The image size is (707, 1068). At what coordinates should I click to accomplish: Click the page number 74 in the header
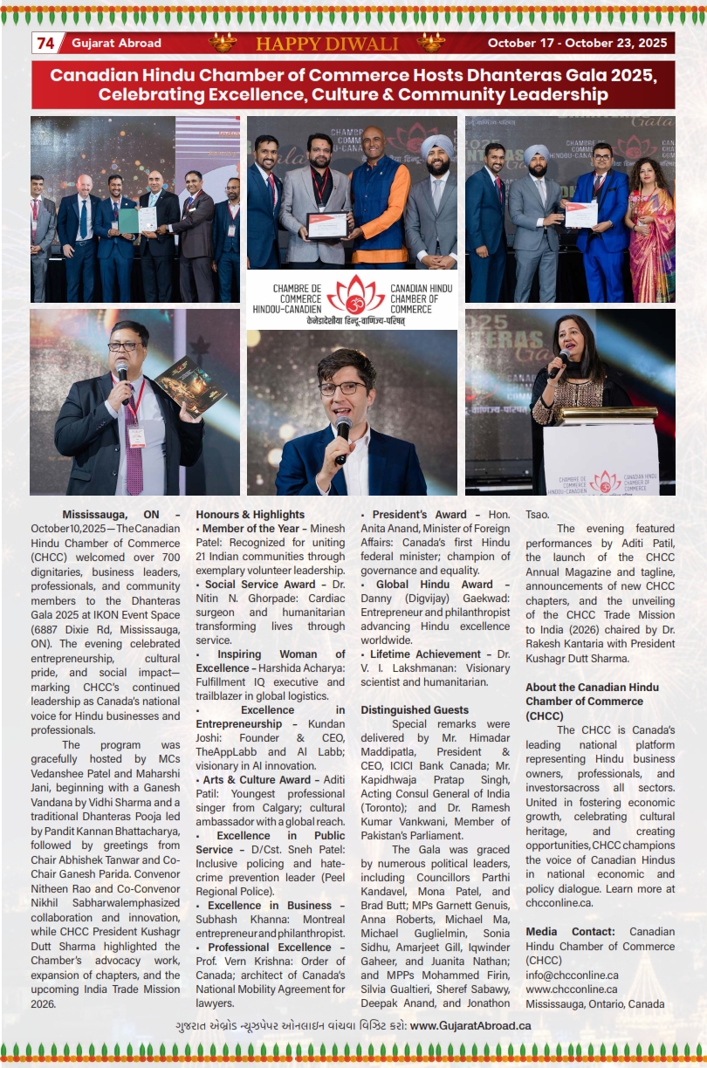(x=45, y=43)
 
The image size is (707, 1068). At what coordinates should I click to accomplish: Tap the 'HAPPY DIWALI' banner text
(x=326, y=44)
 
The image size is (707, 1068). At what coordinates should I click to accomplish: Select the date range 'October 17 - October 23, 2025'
(x=576, y=44)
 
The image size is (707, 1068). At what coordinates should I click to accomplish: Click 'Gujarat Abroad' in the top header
(x=116, y=44)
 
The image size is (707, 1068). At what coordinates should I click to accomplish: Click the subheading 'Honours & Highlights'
(x=251, y=515)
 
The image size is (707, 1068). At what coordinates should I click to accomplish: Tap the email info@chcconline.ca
(x=572, y=976)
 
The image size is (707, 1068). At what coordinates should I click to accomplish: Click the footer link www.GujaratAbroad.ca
(x=470, y=1025)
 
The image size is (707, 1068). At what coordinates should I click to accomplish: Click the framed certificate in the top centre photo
(x=326, y=225)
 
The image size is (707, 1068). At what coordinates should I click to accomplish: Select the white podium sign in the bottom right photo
(x=601, y=458)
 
